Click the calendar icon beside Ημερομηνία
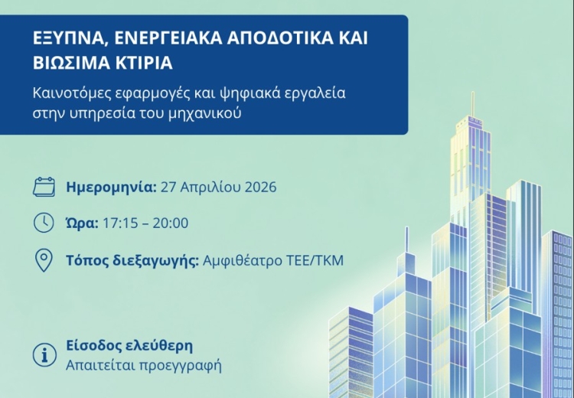click(x=45, y=187)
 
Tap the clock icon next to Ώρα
click(x=44, y=223)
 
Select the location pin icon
click(x=44, y=260)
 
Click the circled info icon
click(x=44, y=354)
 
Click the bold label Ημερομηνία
click(x=111, y=187)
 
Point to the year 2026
click(x=259, y=187)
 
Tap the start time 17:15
click(x=118, y=223)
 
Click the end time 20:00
click(x=170, y=223)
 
